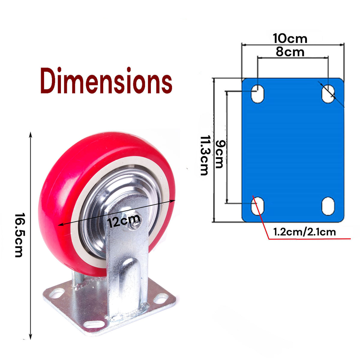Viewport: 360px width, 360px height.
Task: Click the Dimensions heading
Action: (x=106, y=80)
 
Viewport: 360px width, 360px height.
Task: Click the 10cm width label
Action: (x=290, y=38)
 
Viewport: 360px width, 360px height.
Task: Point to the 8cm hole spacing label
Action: (x=290, y=52)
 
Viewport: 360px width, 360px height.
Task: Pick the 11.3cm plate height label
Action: (x=205, y=155)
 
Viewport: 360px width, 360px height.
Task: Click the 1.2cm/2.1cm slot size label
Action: (x=304, y=232)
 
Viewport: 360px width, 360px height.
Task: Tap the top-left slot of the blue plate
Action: (x=257, y=94)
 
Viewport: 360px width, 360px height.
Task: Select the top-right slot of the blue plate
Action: (x=328, y=94)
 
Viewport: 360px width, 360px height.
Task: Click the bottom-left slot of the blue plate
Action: (x=257, y=206)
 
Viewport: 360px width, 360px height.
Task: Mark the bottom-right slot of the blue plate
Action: (x=328, y=206)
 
